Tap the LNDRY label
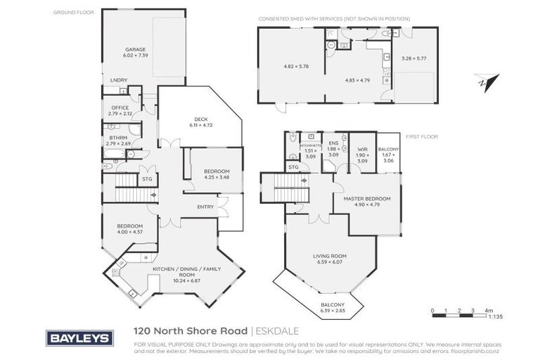[118, 81]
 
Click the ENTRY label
[205, 206]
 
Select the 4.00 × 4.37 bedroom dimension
[129, 232]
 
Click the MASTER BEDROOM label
[366, 199]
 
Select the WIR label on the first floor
[362, 150]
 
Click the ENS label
[333, 143]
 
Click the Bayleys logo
[79, 337]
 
